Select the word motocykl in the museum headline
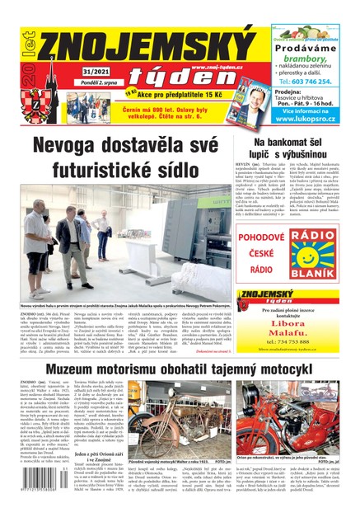pyautogui.click(x=313, y=368)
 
